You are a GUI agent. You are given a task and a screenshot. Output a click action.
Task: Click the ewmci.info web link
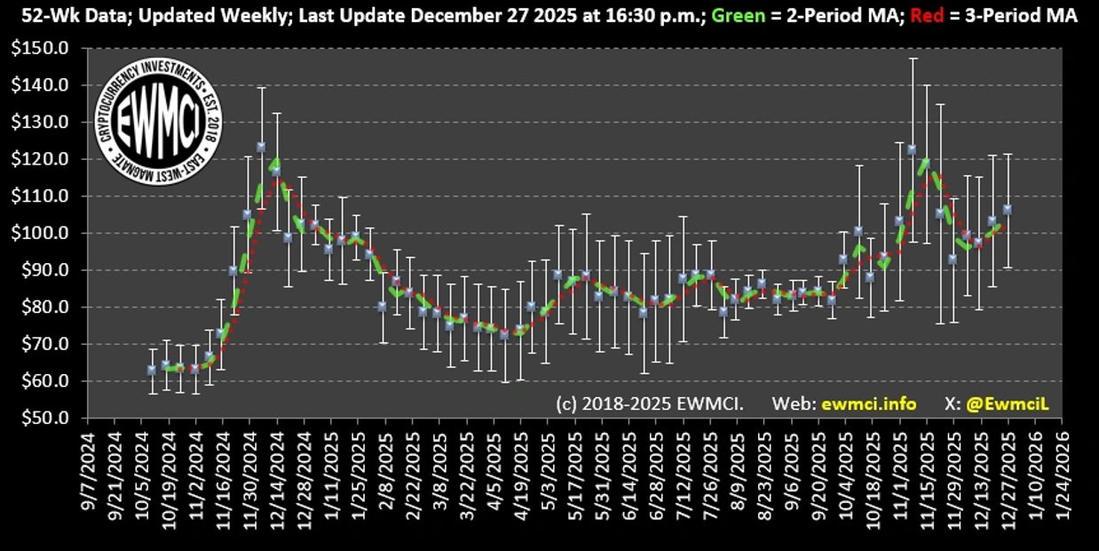(869, 403)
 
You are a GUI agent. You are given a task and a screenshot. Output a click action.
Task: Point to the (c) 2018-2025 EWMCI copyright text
(650, 403)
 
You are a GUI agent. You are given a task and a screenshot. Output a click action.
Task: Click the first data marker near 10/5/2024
(152, 370)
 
